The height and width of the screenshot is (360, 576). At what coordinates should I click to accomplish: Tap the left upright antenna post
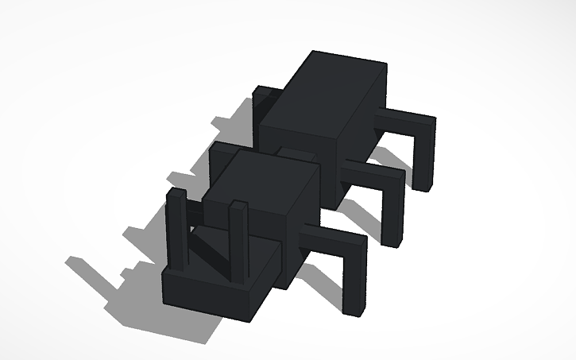[176, 226]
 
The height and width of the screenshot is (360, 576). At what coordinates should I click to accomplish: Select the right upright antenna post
[237, 238]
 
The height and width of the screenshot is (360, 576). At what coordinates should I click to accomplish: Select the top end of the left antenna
[174, 194]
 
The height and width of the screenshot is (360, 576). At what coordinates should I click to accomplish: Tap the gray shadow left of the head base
[111, 274]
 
